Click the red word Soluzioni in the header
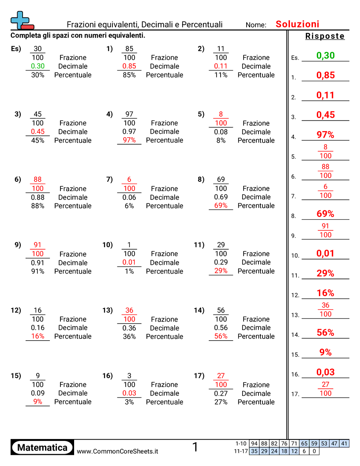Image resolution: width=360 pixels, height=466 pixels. [297, 24]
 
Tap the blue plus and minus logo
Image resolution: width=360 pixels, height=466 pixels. [21, 20]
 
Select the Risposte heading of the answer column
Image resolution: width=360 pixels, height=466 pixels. [325, 36]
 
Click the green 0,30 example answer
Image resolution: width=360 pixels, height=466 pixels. [326, 56]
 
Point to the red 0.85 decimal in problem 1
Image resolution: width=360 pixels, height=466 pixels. [129, 66]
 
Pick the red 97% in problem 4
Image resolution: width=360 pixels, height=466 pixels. [129, 140]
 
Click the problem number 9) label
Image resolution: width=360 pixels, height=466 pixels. [18, 245]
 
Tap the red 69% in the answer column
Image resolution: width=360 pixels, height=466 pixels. [325, 214]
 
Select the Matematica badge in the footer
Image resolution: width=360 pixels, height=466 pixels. [42, 447]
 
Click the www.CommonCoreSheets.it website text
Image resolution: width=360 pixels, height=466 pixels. [117, 451]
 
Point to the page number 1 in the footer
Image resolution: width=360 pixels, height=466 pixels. [195, 447]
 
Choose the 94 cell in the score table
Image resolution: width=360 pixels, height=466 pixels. [254, 443]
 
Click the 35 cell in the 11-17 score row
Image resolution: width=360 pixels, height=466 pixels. [254, 451]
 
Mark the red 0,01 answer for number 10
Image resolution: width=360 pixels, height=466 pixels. [325, 254]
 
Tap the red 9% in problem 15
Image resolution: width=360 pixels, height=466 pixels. [38, 402]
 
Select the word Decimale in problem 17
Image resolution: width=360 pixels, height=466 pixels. [256, 393]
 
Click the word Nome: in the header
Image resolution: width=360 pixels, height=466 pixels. [256, 25]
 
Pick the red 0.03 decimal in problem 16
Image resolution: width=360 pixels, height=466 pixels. [129, 393]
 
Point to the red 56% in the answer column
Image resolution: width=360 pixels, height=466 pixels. [325, 333]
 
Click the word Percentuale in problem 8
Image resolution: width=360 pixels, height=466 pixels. [256, 206]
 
